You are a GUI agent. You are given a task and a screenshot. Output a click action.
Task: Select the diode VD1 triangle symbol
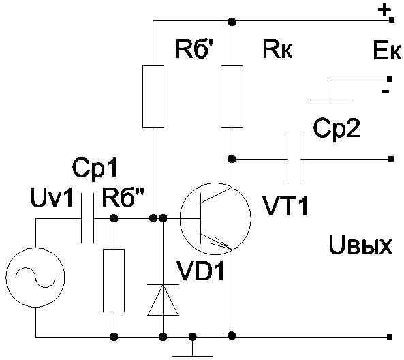coord(163,300)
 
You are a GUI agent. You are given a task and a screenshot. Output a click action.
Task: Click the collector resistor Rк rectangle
coord(232,97)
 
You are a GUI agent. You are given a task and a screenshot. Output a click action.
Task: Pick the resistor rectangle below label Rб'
coord(153,97)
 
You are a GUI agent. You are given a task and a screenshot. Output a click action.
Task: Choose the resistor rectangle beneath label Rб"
coord(114,281)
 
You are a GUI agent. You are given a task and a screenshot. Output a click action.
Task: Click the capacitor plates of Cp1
coord(88,219)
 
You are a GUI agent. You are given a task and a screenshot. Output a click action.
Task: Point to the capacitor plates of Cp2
coord(294,159)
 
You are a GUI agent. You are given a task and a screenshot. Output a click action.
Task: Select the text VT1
coord(285,206)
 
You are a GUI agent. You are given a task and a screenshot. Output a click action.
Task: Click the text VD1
coord(200,271)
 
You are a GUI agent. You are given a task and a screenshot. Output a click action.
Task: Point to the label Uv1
coord(52,197)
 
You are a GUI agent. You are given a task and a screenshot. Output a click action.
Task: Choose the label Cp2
coord(337,128)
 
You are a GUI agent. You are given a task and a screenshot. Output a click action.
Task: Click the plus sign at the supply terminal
coord(384,12)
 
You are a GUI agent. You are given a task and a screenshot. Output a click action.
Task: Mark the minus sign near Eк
coord(385,91)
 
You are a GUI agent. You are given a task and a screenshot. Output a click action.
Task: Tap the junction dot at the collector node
coord(232,159)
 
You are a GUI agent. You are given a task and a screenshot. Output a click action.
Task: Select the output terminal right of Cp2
coord(391,159)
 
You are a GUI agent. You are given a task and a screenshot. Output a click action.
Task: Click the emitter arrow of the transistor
coord(221,243)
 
